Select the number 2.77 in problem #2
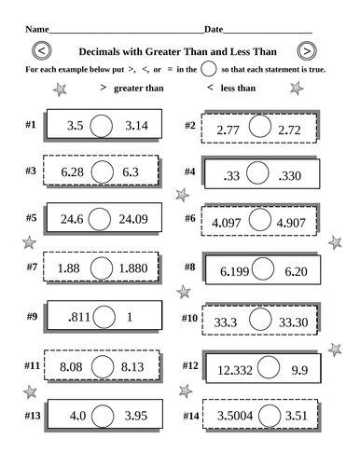[228, 130]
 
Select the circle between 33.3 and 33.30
[262, 319]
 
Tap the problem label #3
[30, 171]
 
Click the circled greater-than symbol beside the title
[307, 51]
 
